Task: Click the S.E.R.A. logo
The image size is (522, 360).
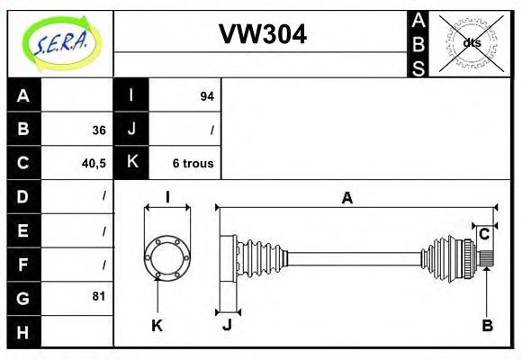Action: coord(60,42)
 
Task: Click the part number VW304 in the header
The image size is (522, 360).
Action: coord(262,34)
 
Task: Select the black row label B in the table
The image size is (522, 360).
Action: coord(23,130)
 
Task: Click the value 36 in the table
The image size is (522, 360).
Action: coord(98,130)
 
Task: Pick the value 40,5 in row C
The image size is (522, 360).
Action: coord(94,164)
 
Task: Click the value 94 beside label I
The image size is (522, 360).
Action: coord(206,96)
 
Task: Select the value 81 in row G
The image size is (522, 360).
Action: coord(98,296)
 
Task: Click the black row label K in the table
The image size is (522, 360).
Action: coord(131,163)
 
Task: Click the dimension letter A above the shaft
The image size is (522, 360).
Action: coord(346,199)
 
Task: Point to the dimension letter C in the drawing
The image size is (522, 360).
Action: coord(484,234)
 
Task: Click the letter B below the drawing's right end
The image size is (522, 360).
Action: coord(487,325)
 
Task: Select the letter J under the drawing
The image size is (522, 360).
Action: coord(227,325)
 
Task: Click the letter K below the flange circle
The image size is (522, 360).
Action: coord(157,325)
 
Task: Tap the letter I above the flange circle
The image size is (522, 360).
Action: coord(167,197)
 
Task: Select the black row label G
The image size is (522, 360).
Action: coord(23,296)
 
